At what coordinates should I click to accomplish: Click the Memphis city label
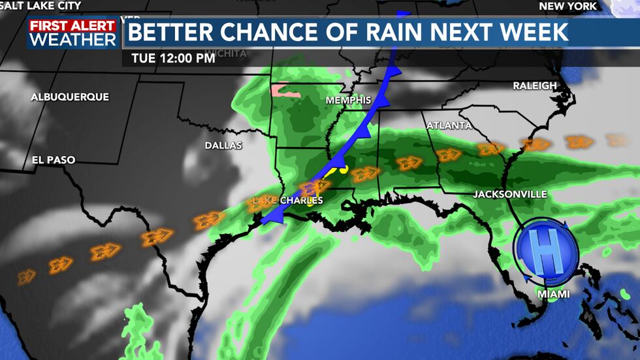coord(349,101)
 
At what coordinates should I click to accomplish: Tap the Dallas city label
coord(223,146)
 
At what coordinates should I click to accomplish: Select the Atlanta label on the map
coord(449,125)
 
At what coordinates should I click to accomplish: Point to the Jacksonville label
coord(510,195)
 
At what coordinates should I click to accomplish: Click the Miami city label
coord(553,295)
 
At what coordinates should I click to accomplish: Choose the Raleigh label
coord(535,86)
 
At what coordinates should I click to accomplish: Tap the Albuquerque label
coord(70,97)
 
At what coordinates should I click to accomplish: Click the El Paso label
coord(54,160)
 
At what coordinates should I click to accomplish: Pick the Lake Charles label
coord(288,201)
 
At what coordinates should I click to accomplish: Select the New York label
coord(568,6)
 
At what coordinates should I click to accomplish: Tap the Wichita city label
coord(226,54)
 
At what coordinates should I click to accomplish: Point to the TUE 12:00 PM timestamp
coord(173,57)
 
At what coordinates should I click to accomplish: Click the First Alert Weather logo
coord(72,33)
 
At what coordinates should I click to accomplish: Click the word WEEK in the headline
coord(535,32)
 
